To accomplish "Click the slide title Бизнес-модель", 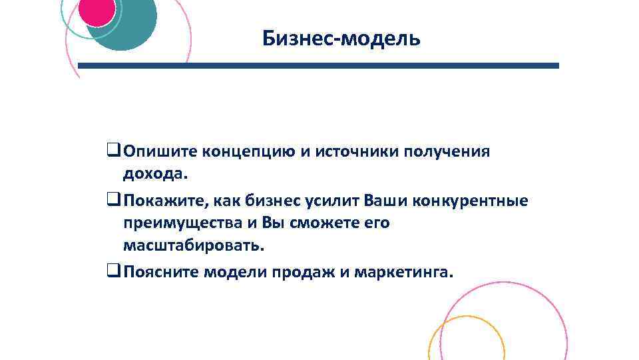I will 341,38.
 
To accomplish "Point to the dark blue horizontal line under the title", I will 318,66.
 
